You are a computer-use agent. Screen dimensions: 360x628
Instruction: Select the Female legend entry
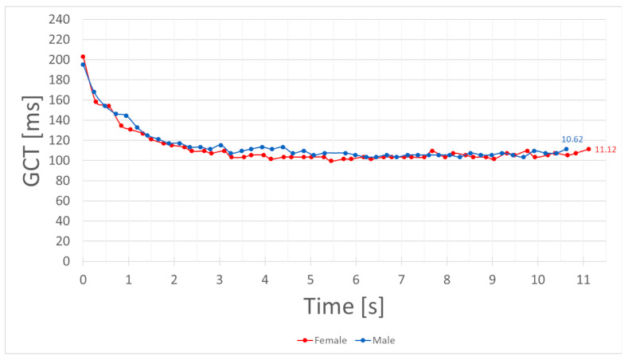click(x=322, y=340)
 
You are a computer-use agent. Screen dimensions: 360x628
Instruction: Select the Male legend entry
click(x=376, y=340)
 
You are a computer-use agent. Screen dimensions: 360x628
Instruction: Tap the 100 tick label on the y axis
click(x=62, y=160)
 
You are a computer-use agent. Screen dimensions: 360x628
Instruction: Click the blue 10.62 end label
click(x=572, y=139)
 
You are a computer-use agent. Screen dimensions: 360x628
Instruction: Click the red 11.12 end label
click(x=607, y=150)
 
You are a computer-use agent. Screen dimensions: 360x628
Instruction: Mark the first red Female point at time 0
click(x=83, y=57)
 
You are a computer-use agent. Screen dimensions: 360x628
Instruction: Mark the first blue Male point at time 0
click(x=83, y=65)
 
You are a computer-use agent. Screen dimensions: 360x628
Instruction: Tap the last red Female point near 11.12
click(x=588, y=149)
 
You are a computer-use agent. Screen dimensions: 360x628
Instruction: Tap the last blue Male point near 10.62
click(x=566, y=149)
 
